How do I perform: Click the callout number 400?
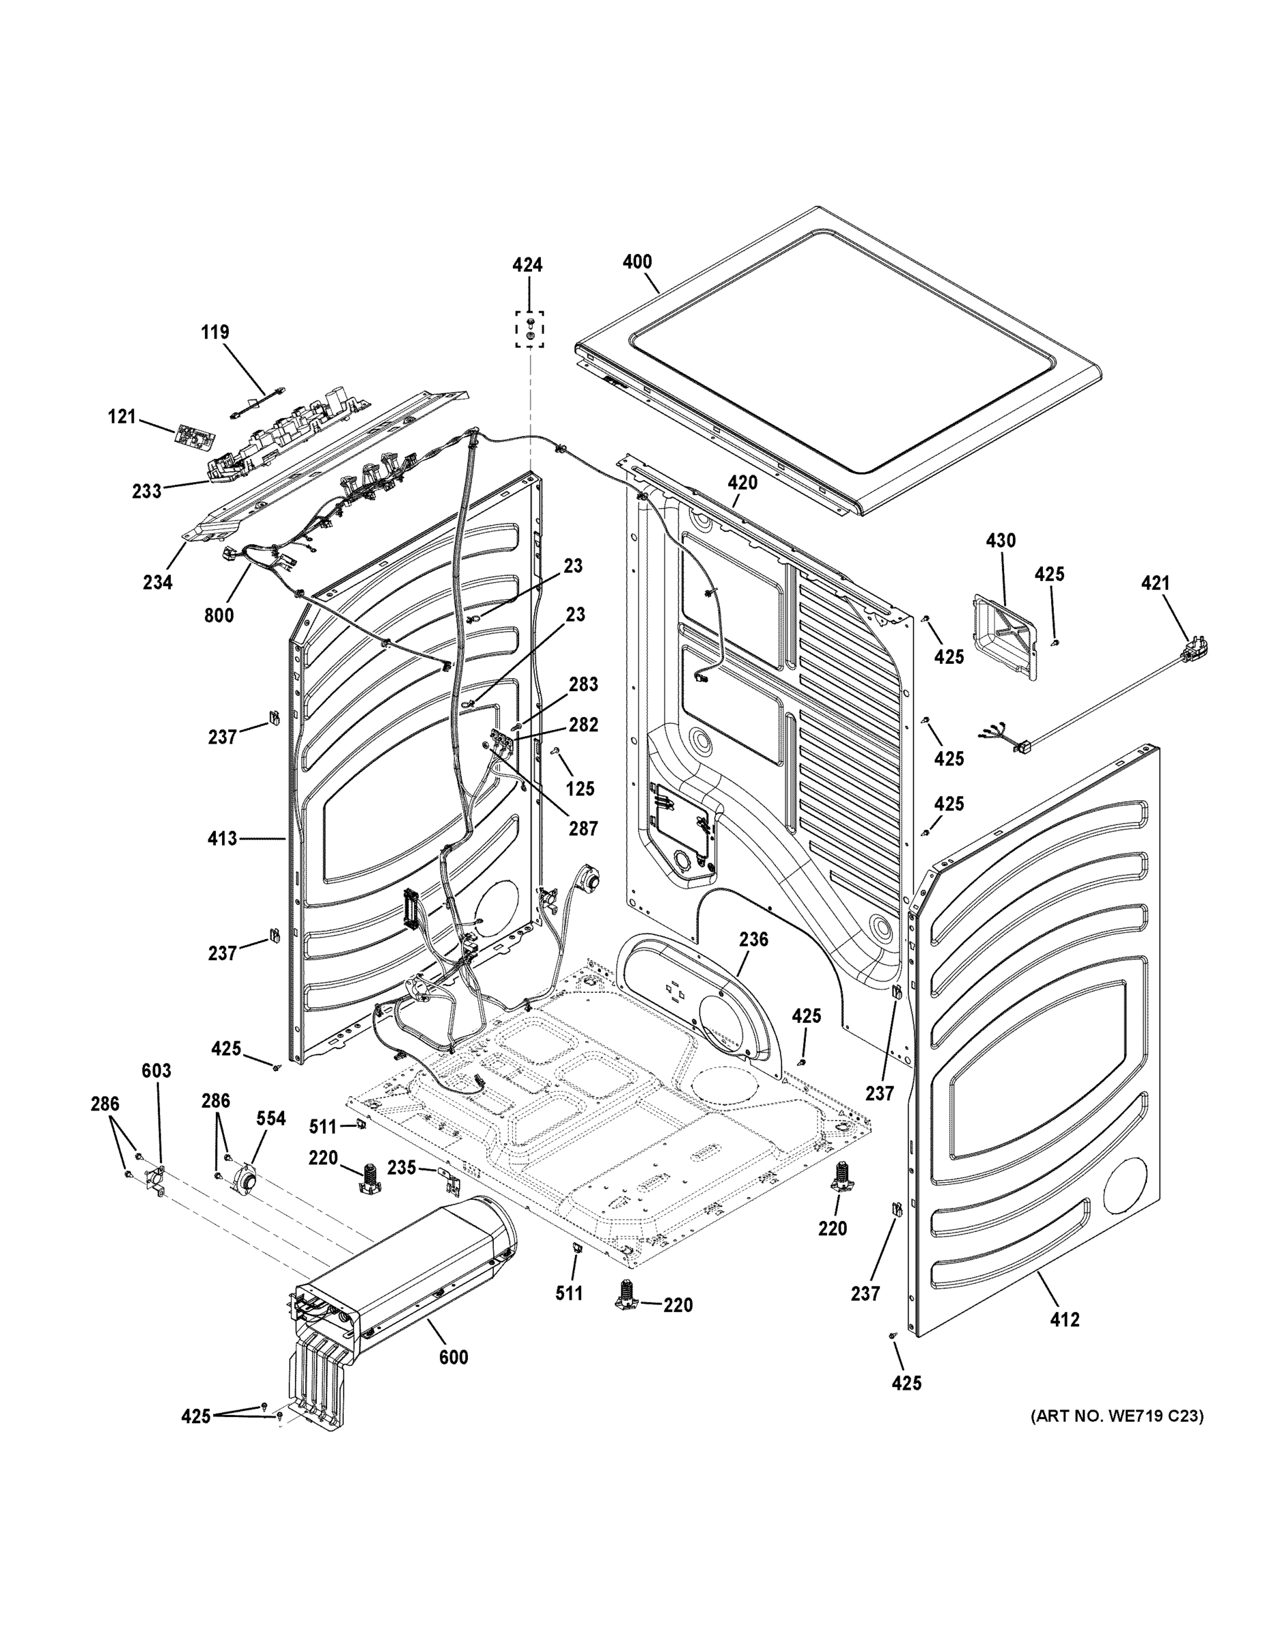637,262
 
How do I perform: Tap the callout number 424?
528,265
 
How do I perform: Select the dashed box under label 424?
530,329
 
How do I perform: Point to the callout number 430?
1001,540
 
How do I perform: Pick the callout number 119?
214,332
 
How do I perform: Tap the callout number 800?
219,615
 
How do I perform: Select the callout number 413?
222,838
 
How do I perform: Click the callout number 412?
1064,1319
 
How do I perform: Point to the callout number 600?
454,1357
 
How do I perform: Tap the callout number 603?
156,1071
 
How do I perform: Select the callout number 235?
402,1167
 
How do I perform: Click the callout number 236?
753,939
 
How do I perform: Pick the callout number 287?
583,828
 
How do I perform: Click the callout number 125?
580,788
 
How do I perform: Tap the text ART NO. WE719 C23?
1116,1416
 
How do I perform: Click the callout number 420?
742,483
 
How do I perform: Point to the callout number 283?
583,684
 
